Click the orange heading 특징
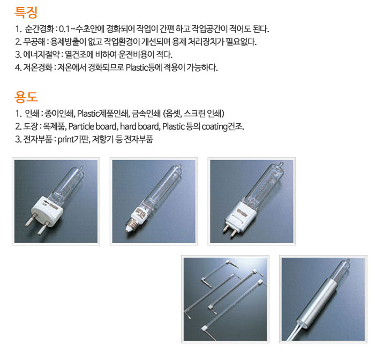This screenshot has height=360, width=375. (26, 12)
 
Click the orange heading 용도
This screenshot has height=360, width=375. (26, 96)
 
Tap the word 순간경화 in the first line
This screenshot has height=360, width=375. (39, 29)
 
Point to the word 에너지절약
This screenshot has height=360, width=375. (41, 55)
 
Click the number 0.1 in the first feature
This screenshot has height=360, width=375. (64, 29)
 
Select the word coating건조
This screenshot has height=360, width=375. (223, 126)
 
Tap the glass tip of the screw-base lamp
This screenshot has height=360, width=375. (180, 166)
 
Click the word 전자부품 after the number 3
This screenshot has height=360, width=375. (38, 139)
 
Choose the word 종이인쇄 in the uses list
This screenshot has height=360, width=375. (59, 114)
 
